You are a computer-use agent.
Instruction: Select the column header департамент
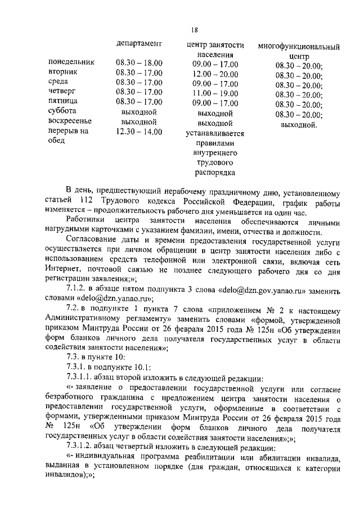click(x=139, y=43)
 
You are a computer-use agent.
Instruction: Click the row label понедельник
click(x=71, y=62)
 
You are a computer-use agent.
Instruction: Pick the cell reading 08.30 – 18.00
click(x=139, y=62)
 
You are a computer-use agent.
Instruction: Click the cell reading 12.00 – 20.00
click(x=215, y=74)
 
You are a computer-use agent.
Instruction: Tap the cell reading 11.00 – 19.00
click(x=215, y=93)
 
